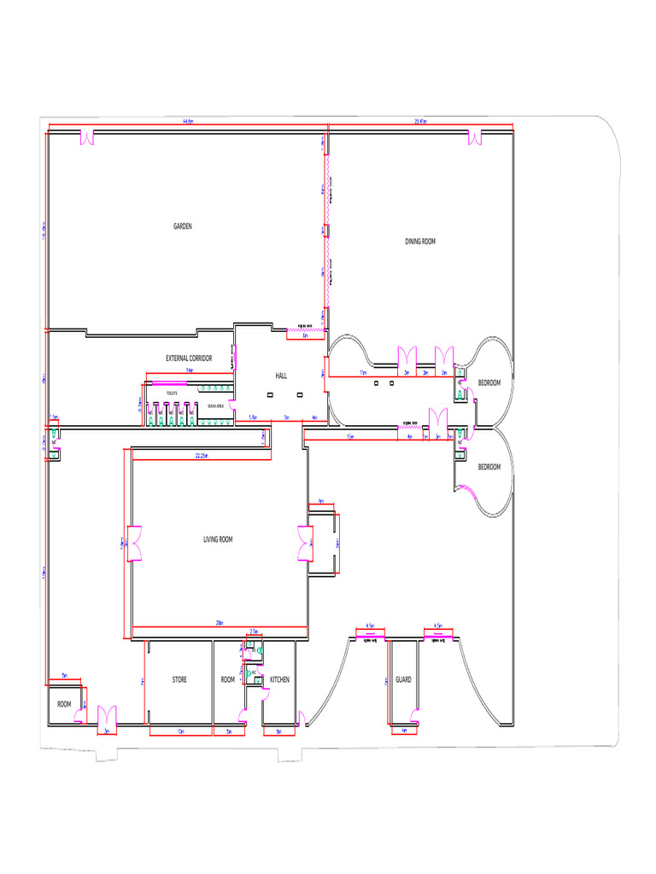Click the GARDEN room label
tap(183, 226)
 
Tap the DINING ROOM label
tap(420, 242)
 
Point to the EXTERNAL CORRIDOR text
tap(189, 358)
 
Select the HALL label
tap(281, 376)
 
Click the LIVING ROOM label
tap(218, 539)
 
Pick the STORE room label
tap(179, 679)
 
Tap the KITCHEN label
tap(279, 679)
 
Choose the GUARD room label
tap(403, 679)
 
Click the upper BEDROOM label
tap(489, 382)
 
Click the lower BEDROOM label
tap(489, 467)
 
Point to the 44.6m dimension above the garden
tap(187, 122)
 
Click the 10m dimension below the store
tap(180, 732)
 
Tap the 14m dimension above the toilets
tap(190, 371)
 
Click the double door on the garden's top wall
tap(86, 137)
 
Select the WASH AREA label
tap(216, 406)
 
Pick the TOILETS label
tap(172, 392)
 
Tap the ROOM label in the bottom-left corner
tap(64, 704)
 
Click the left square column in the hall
tap(271, 394)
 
